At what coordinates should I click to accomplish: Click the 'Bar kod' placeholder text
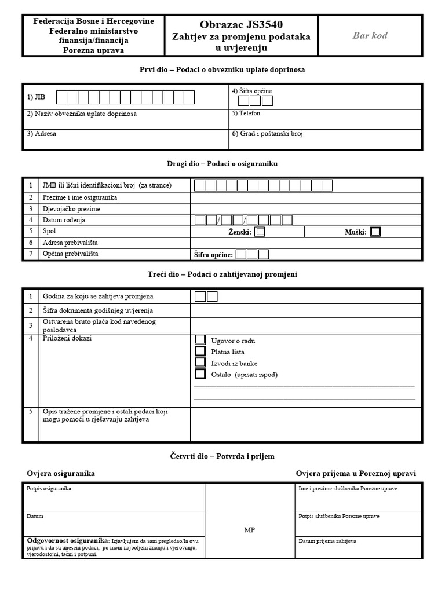tap(370, 35)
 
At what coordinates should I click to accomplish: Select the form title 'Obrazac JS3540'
tap(242, 24)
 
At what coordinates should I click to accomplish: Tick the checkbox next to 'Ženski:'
tap(260, 232)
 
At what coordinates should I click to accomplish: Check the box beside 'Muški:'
tap(375, 232)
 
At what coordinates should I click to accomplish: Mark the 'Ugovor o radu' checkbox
tap(200, 339)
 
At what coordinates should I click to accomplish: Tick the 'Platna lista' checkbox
tap(200, 351)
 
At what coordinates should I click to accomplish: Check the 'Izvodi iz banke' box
tap(200, 363)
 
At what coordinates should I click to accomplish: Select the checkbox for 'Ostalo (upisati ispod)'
tap(200, 374)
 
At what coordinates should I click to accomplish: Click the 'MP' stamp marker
tap(249, 530)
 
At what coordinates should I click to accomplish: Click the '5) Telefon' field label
tap(246, 113)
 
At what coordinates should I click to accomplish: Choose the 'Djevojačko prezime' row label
tap(71, 208)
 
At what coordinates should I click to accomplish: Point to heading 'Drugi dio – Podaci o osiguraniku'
tap(222, 164)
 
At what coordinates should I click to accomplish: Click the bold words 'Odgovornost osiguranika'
tap(67, 540)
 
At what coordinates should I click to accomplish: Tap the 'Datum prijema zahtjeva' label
tap(327, 541)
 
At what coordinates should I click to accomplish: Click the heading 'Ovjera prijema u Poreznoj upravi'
tap(356, 474)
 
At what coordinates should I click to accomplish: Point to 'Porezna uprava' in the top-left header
tap(93, 50)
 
